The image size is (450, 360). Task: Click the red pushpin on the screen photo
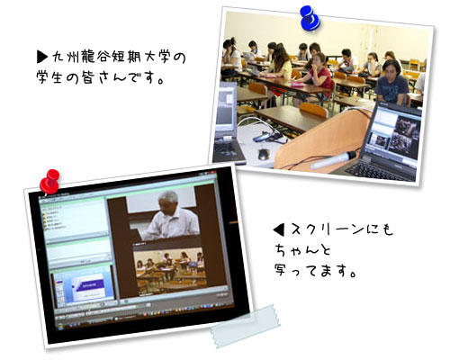50,179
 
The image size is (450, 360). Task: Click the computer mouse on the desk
263,154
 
